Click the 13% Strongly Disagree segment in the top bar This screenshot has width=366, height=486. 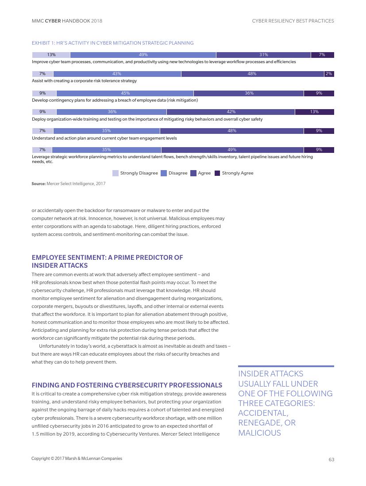click(x=51, y=55)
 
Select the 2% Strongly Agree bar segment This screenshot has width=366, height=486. click(x=329, y=74)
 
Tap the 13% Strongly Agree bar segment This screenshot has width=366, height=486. click(x=314, y=112)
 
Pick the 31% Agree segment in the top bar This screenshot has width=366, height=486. click(x=263, y=55)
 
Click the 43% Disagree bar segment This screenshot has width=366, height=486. click(x=117, y=74)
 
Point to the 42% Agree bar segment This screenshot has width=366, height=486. click(x=231, y=112)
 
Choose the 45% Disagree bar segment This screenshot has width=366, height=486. click(x=125, y=93)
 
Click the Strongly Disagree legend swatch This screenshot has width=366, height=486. click(x=115, y=173)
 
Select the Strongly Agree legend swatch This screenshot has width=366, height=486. click(x=217, y=173)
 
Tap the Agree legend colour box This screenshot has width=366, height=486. click(x=193, y=173)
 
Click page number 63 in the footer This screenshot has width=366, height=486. click(x=331, y=459)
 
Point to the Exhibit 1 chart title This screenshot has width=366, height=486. click(x=112, y=43)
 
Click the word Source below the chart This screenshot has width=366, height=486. click(x=39, y=184)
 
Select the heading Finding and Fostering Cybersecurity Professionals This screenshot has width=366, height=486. click(x=127, y=385)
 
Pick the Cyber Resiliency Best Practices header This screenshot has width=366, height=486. click(x=293, y=21)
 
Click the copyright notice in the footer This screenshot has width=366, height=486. click(x=77, y=459)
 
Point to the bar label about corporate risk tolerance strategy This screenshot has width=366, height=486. click(x=84, y=81)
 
